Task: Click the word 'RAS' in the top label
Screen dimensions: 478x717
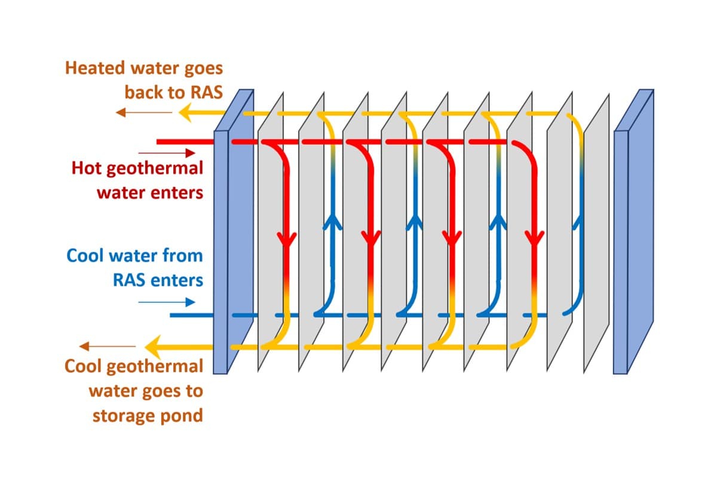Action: [206, 92]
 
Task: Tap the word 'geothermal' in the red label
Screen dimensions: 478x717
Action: [155, 169]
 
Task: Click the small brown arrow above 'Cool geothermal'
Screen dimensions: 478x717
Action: [108, 346]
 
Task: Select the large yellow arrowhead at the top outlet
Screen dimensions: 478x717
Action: [186, 112]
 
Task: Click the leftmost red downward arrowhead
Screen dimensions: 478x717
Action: [287, 238]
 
